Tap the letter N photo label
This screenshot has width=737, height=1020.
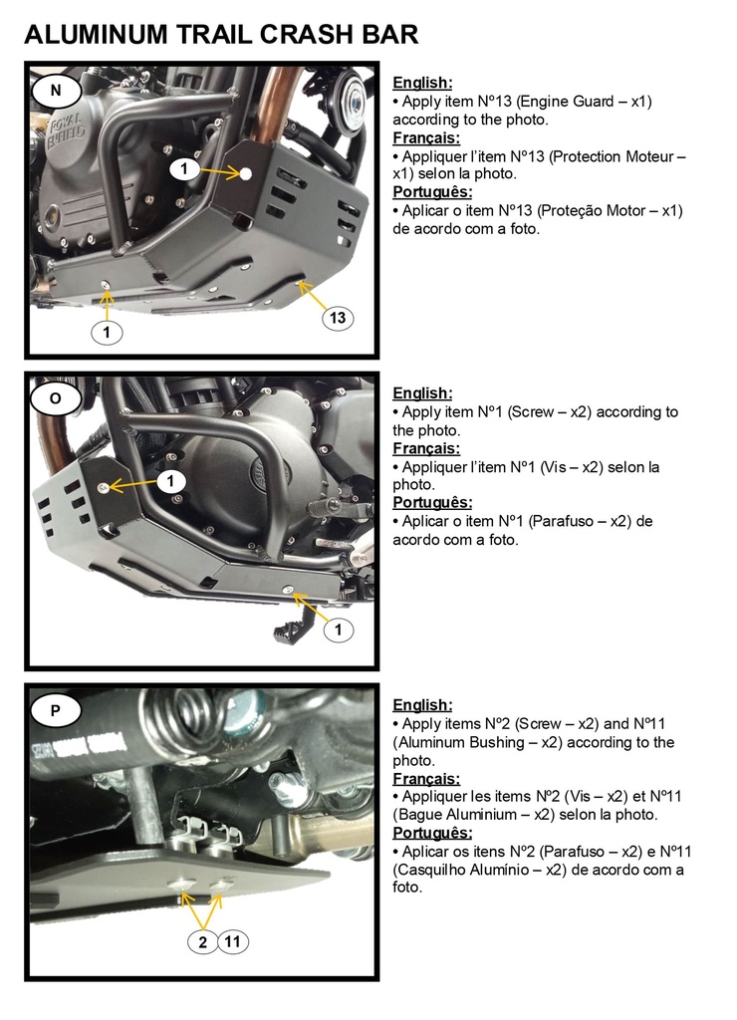coord(56,91)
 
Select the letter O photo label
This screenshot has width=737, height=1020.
coord(56,398)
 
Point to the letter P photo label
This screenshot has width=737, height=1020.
coord(56,710)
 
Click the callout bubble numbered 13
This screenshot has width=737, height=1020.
coord(338,318)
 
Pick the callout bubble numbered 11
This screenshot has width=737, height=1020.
coord(232,940)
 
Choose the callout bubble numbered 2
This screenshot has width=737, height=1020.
coord(202,941)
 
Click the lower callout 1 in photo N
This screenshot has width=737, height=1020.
coord(107,333)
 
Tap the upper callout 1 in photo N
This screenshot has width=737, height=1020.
coord(184,169)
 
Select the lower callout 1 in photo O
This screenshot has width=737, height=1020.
coord(339,630)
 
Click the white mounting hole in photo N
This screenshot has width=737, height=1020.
coord(246,173)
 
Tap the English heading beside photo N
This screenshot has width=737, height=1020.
coord(423,83)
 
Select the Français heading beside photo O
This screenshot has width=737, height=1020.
coord(426,448)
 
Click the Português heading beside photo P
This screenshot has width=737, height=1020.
coord(432,833)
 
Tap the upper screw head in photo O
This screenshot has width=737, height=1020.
coord(103,487)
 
